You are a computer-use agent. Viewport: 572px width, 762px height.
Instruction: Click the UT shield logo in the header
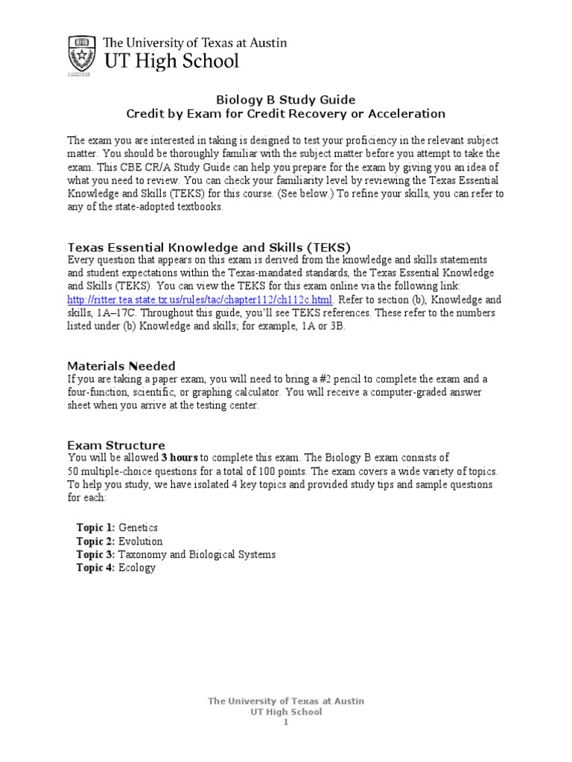point(79,53)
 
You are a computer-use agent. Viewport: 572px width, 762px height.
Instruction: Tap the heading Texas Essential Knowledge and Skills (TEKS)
point(209,247)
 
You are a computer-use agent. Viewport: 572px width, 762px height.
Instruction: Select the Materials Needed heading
point(121,365)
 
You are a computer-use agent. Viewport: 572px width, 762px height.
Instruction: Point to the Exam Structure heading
point(116,445)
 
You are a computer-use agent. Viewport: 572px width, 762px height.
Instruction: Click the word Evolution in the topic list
point(141,541)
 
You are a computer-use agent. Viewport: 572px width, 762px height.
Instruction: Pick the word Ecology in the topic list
point(137,568)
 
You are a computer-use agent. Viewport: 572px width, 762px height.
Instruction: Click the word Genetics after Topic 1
point(139,528)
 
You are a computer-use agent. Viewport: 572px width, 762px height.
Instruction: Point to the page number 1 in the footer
point(285,722)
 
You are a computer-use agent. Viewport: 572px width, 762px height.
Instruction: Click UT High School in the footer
point(285,711)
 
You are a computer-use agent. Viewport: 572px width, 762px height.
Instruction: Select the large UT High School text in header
point(171,61)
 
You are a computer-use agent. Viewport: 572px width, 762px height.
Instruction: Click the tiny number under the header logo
point(78,75)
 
